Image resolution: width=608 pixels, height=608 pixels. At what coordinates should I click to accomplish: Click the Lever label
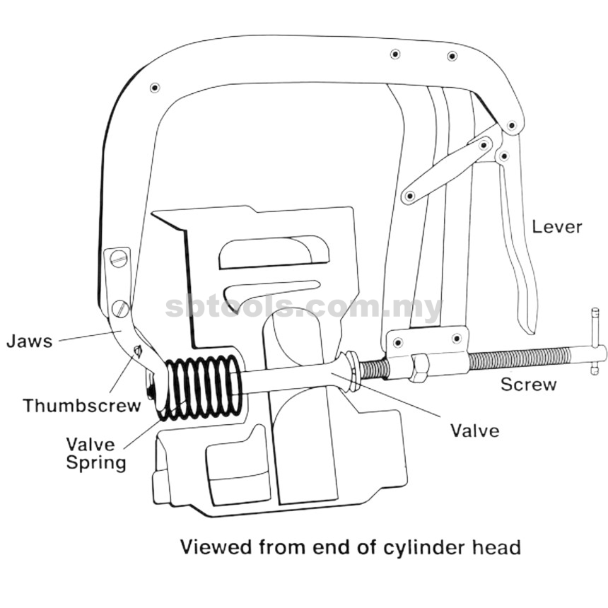pos(557,227)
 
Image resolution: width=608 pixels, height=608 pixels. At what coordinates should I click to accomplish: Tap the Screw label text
pos(529,385)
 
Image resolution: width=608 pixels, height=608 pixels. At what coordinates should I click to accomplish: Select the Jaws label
pos(30,341)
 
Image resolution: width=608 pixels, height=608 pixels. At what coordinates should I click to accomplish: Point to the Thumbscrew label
pos(82,406)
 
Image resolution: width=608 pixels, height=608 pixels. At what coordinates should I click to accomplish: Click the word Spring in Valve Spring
pos(96,463)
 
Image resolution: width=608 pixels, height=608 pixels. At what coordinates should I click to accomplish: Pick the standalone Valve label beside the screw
pos(474,431)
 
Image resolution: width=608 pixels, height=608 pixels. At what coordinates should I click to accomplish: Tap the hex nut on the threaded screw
pos(421,368)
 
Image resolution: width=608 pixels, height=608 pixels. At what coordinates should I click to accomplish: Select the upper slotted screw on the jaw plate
pos(119,258)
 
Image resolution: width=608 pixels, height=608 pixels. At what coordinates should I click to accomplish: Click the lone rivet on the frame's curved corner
pos(155,88)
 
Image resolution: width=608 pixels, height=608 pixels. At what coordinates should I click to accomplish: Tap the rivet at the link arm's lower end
pos(409,197)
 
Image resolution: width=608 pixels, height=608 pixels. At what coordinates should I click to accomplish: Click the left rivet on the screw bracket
pos(398,342)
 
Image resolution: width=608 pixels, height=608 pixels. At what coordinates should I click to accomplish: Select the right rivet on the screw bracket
pos(457,339)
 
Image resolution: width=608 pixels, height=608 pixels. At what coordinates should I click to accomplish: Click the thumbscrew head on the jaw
pos(138,351)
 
